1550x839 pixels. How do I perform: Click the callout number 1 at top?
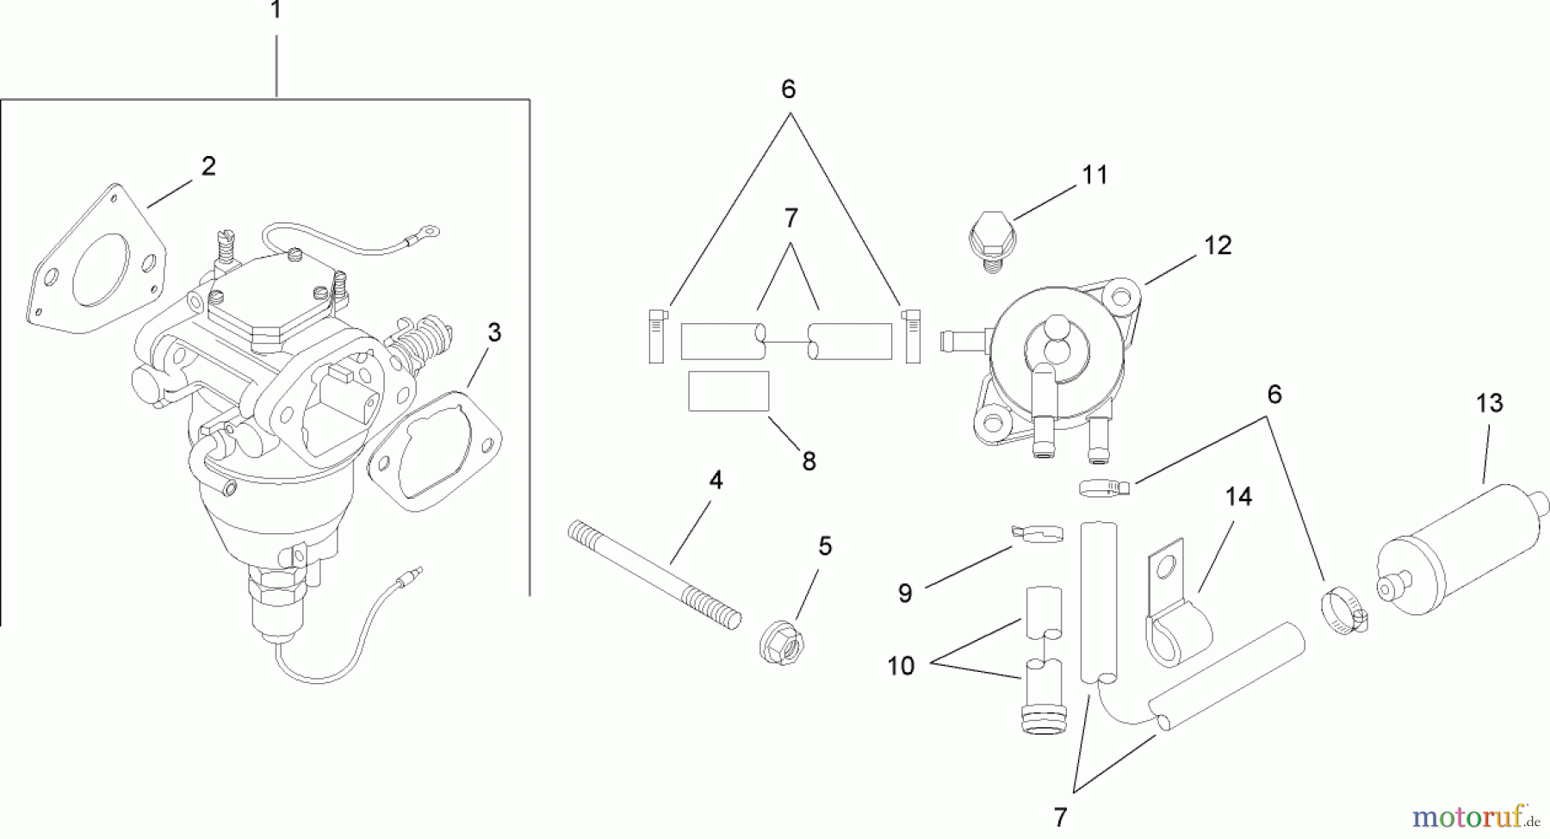(276, 11)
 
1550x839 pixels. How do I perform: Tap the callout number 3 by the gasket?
(493, 332)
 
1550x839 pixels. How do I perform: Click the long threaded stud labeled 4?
(654, 573)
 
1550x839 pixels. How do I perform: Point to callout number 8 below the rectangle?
(809, 462)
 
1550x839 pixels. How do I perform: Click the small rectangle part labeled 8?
(728, 392)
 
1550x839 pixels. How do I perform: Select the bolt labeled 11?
(993, 237)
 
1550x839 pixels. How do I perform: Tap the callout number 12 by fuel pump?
(1218, 245)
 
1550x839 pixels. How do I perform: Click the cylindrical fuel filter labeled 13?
(1455, 551)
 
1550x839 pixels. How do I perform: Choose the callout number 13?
(1489, 403)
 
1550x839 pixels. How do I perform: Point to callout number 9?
(904, 594)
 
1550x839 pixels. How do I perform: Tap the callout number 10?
(901, 666)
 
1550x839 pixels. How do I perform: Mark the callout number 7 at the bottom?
(1059, 817)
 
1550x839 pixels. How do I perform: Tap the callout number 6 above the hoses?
(788, 90)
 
